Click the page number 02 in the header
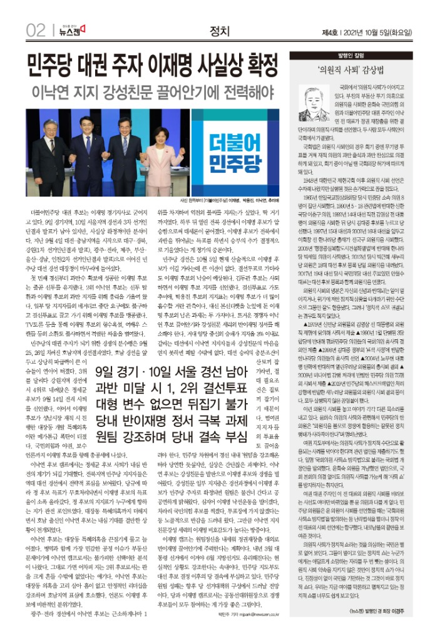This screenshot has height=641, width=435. point(36,30)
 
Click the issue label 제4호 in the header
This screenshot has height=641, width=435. point(329,31)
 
